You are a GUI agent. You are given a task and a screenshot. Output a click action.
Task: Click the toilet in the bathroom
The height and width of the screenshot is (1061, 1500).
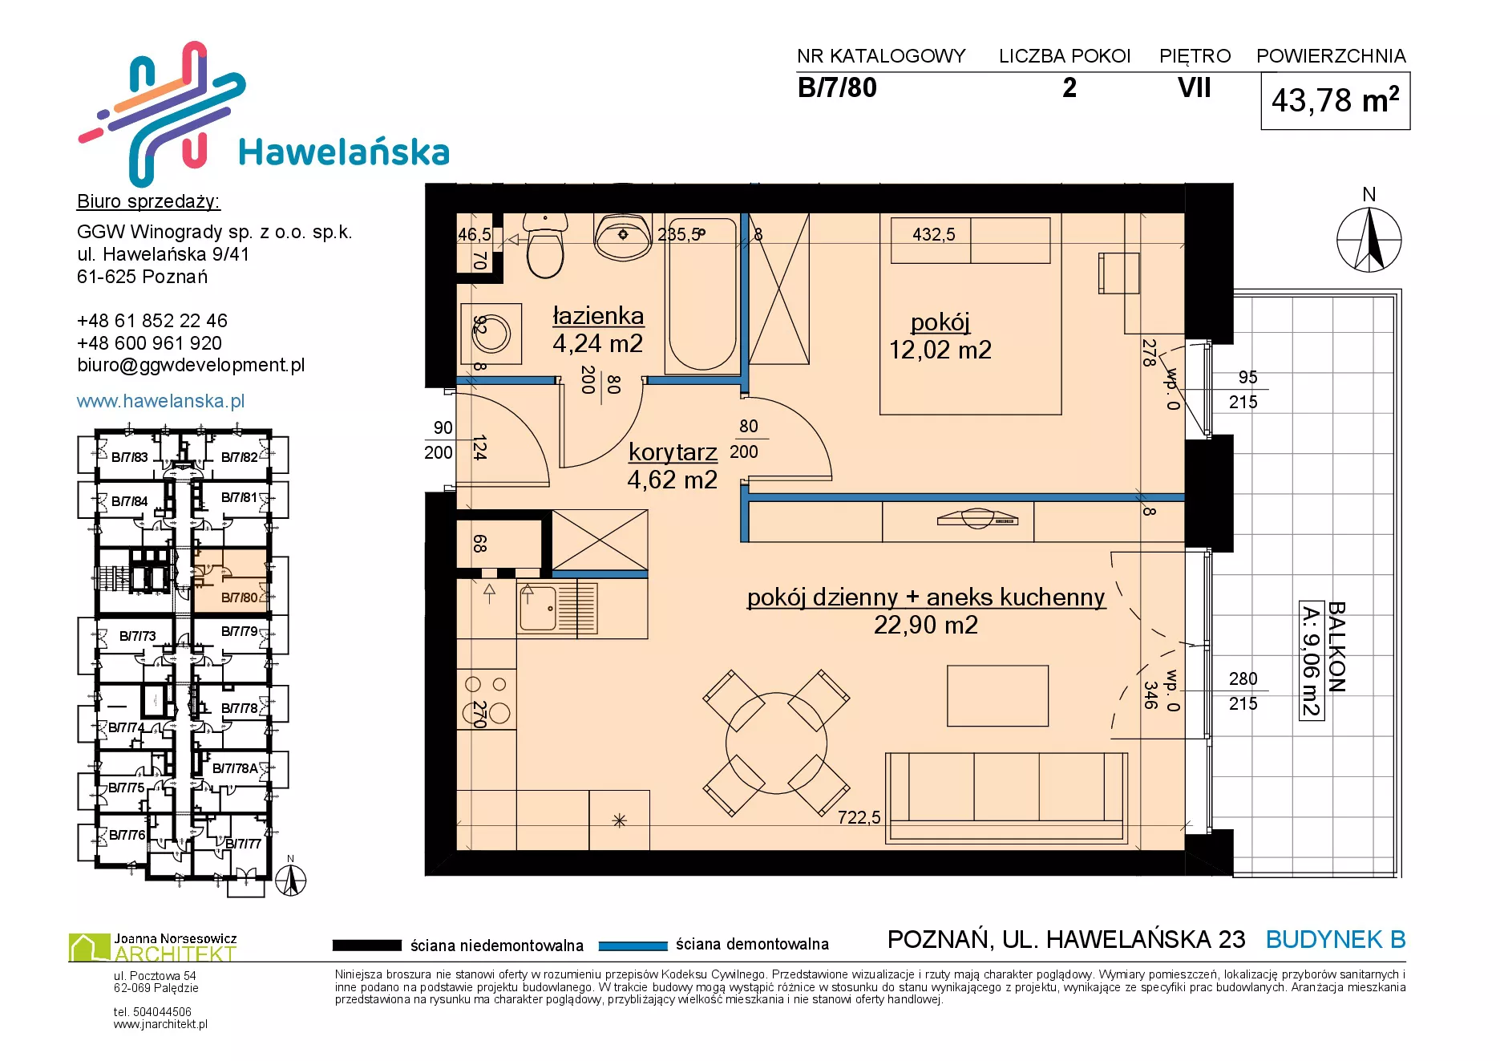coord(545,245)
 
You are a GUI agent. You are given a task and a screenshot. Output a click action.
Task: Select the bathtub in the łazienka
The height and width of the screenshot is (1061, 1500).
coord(702,294)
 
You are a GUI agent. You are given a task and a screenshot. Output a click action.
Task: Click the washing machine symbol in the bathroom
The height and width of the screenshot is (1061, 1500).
coord(491,334)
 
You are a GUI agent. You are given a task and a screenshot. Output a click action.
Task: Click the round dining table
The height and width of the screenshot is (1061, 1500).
coord(776,743)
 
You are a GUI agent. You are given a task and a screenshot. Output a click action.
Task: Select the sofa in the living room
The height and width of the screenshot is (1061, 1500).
coord(1007,798)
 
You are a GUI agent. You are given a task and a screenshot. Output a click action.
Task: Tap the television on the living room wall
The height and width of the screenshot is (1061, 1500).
coord(977,519)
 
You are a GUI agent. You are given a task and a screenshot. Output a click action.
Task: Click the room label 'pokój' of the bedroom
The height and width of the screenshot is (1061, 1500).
coord(940,322)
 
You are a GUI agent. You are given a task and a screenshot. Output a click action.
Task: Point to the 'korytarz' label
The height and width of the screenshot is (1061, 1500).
coord(673,452)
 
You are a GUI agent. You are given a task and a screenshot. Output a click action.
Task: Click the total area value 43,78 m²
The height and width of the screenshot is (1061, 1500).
coord(1336,100)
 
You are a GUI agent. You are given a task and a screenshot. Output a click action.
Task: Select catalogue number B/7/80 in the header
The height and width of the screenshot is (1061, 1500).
coord(837,87)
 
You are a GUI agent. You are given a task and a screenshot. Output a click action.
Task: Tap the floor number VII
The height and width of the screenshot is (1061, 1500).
coord(1194,87)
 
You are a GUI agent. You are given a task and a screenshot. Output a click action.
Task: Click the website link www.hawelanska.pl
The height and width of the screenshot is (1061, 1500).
coord(160,401)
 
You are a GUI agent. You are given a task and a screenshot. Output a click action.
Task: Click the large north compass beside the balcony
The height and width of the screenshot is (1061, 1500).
coord(1369,240)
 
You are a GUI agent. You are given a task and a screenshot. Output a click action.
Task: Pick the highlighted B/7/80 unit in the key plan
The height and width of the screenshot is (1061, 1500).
coord(232,581)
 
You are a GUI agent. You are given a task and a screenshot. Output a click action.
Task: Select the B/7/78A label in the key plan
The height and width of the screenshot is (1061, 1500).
coord(235,768)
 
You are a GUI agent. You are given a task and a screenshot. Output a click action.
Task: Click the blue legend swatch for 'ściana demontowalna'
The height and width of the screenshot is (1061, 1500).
coord(633,946)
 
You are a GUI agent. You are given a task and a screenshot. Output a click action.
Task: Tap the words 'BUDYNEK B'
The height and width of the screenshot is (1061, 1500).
coord(1336,939)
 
